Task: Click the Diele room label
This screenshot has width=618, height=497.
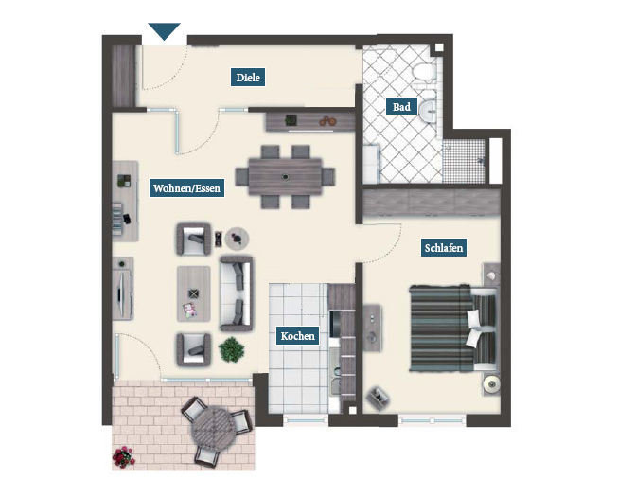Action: point(248,78)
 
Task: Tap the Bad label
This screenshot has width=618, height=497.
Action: point(401,106)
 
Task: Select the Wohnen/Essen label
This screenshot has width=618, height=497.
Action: point(186,188)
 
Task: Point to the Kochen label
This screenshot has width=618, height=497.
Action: point(297,336)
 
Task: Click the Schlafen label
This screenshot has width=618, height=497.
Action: point(444,247)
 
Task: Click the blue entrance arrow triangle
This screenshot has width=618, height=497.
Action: point(165,31)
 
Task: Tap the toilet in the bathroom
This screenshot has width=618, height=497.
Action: point(424,72)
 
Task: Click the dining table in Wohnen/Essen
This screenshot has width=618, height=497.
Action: point(286,177)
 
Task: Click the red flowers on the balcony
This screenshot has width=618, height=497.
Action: point(123,457)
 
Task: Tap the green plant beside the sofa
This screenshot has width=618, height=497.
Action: point(231,349)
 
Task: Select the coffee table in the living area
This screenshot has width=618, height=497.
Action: point(193,293)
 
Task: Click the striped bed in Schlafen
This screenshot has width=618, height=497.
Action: point(452,328)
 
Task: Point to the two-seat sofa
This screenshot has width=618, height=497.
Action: point(236,293)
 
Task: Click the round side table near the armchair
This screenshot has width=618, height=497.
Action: point(237,239)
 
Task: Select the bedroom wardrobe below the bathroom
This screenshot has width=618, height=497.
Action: point(432,203)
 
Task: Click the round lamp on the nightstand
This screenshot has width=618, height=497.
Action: point(491,382)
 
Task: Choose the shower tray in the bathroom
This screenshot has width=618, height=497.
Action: point(464,161)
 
